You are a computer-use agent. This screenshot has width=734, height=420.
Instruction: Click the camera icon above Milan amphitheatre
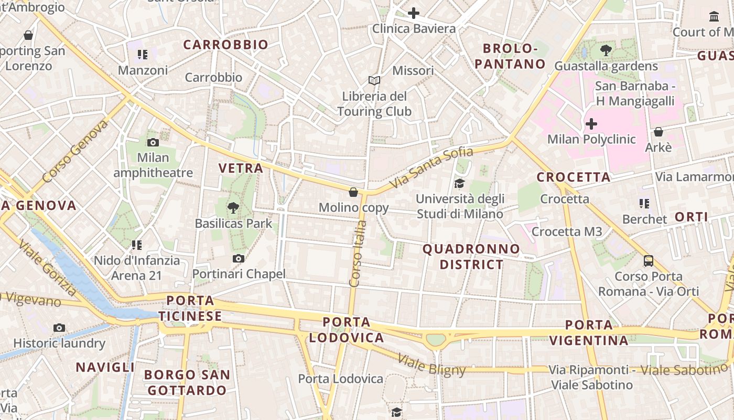(153, 142)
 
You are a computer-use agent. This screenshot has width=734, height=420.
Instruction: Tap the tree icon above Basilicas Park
(233, 208)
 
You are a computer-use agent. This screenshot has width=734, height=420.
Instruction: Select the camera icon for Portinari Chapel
(239, 258)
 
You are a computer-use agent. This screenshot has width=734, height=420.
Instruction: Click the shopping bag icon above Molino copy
(354, 192)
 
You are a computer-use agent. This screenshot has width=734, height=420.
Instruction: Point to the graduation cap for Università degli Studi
(459, 183)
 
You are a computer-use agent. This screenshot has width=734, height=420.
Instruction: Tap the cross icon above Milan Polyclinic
(591, 124)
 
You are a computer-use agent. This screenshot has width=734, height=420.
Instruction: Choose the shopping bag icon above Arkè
(659, 132)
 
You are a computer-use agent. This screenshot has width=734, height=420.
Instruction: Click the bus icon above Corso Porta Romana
(649, 260)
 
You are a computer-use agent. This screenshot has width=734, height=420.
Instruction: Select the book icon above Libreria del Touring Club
(374, 80)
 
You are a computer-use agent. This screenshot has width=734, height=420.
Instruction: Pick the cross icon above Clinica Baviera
(414, 13)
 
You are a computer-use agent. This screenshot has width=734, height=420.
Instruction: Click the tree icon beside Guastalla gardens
(606, 50)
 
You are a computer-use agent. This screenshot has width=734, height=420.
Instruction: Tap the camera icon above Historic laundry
(59, 328)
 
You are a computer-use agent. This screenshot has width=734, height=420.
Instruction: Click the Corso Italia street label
(358, 254)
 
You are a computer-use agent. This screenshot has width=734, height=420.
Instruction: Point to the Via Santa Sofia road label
(432, 168)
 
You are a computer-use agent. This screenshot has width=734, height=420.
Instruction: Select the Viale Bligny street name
(431, 365)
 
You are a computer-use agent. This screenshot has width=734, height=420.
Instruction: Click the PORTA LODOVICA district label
(347, 330)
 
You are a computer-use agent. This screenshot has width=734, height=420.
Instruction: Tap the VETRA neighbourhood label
(241, 168)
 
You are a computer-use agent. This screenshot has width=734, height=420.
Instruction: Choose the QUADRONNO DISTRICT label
(471, 256)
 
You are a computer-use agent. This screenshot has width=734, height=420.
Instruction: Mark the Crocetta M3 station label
(567, 232)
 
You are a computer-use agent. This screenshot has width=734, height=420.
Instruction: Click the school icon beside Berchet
(644, 203)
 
